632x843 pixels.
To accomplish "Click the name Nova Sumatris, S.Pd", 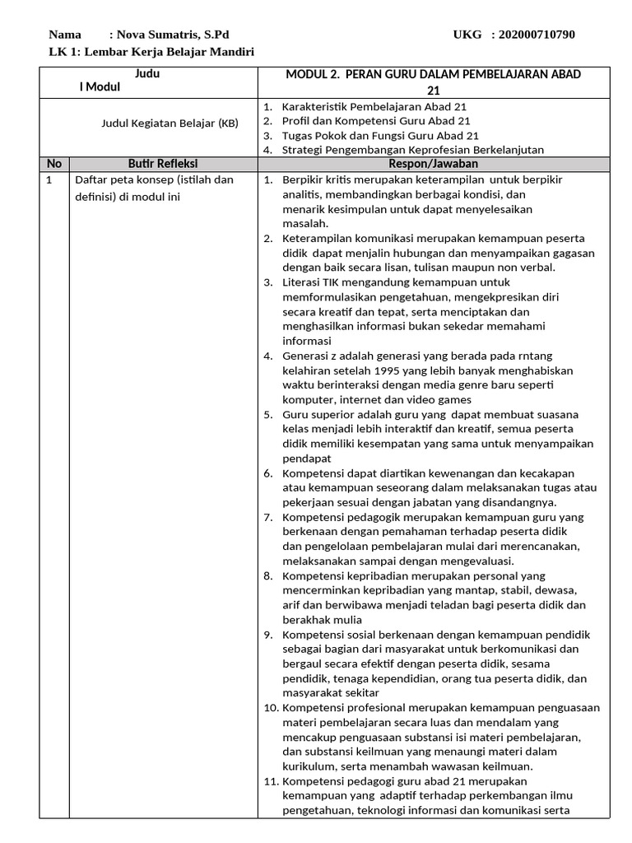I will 173,35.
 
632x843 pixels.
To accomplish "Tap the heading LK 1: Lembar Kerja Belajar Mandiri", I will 151,52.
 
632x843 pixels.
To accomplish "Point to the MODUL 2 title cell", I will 433,82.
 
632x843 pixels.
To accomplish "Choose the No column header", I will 54,164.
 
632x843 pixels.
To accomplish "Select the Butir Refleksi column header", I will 163,164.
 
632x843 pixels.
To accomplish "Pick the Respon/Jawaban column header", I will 433,164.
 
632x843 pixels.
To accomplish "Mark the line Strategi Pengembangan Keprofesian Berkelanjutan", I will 412,149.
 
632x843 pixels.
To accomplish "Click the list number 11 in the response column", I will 270,781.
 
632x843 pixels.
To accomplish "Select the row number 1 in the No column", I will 50,179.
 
